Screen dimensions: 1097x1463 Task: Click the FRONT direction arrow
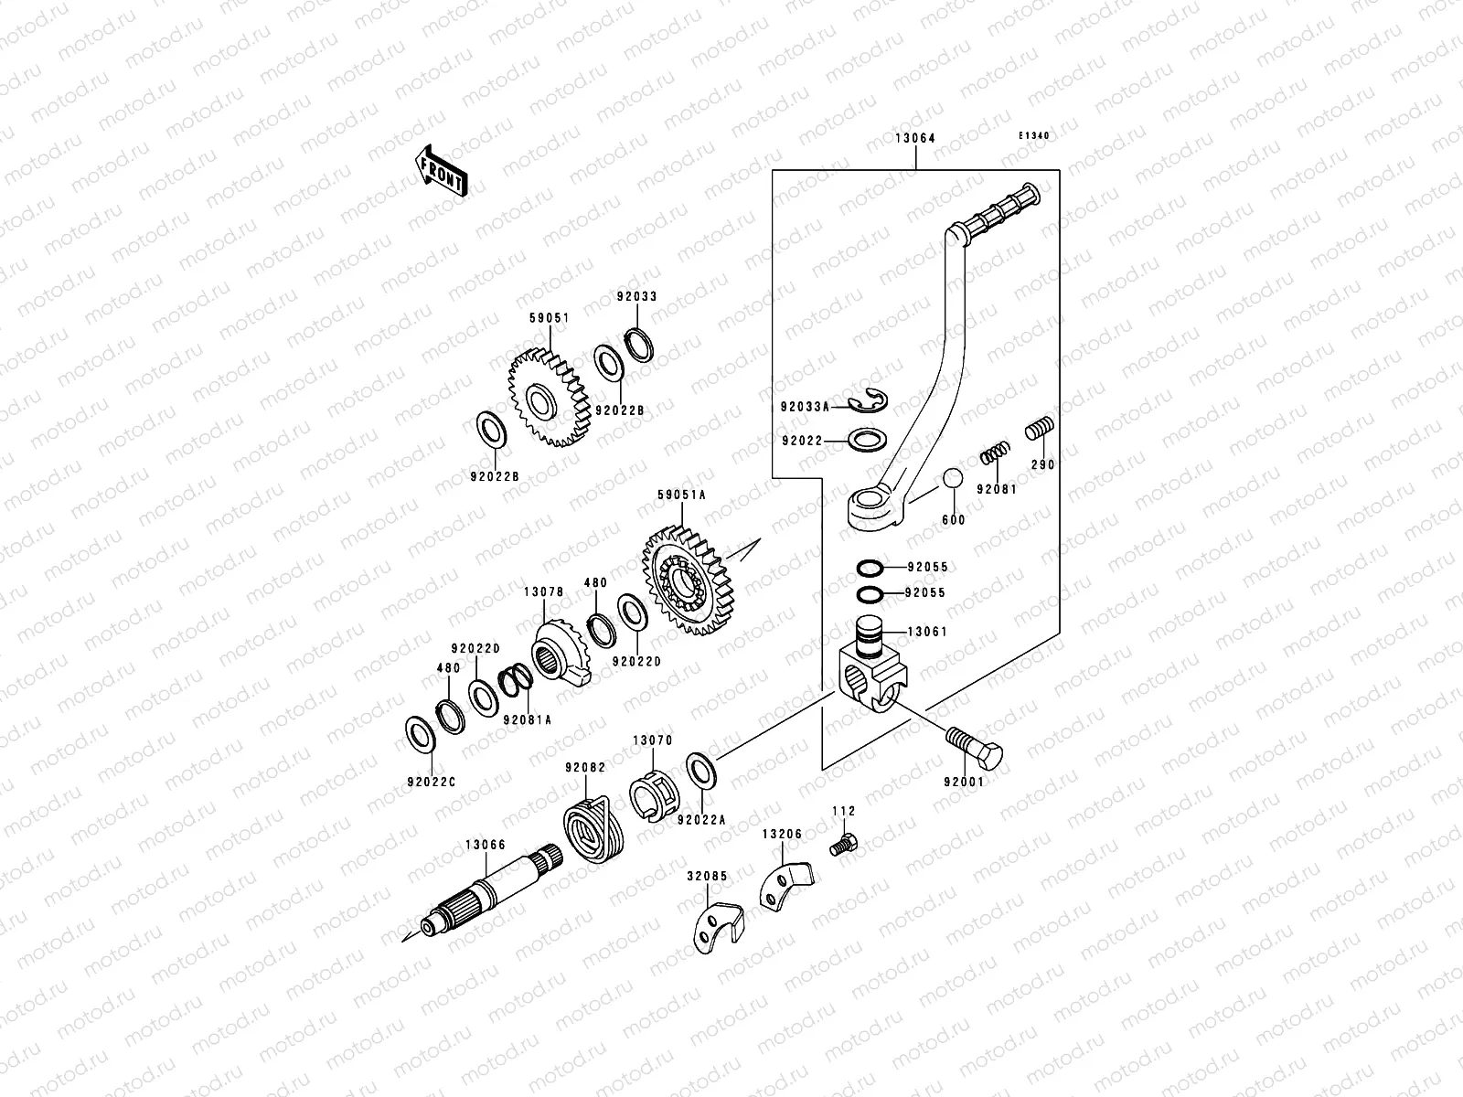coord(443,170)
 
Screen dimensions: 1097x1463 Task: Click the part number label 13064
coord(914,139)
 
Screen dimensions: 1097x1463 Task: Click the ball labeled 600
coord(953,480)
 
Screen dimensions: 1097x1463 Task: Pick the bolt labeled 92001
coord(974,746)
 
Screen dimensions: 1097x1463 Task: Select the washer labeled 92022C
coord(421,732)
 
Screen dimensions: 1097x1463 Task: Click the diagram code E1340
coord(1035,136)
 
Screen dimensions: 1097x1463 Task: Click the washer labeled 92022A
coord(701,770)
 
